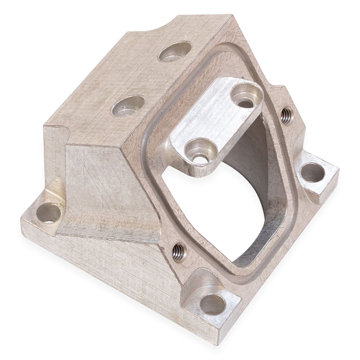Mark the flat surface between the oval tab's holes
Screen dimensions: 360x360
[x=219, y=125]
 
